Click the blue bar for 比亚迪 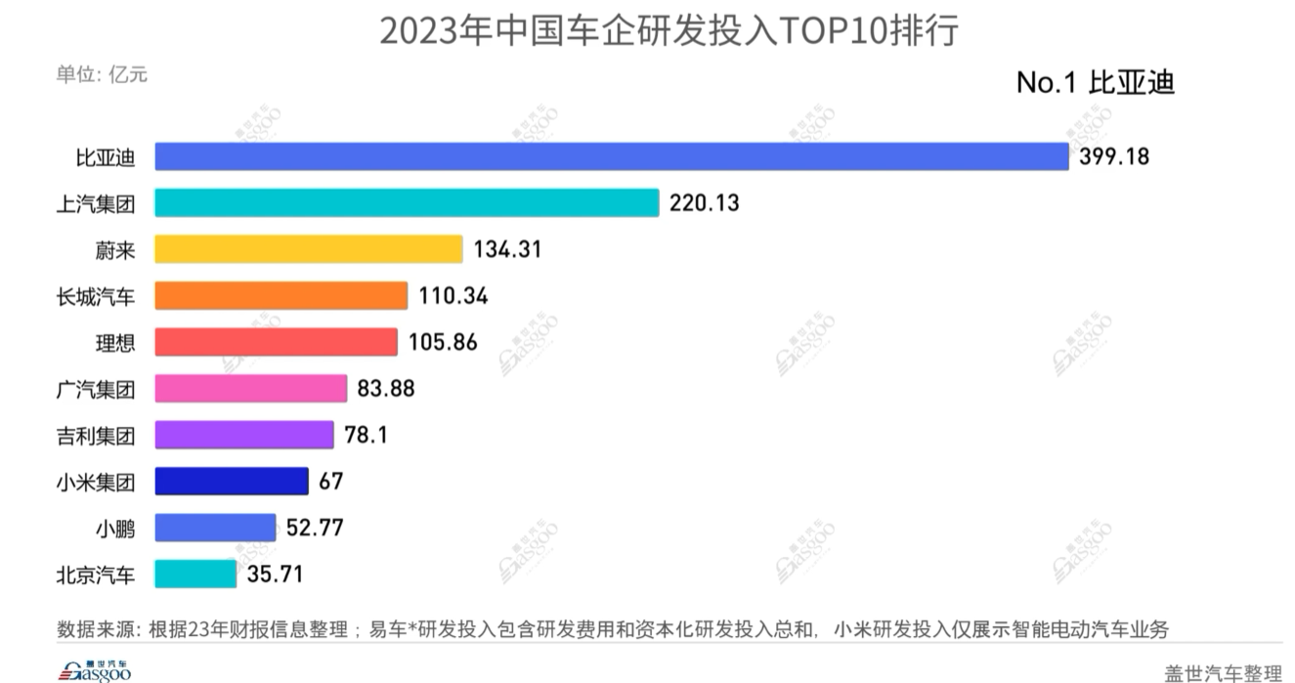click(612, 156)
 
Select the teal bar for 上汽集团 click(407, 203)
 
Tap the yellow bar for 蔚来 click(308, 249)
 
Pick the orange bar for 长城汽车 click(281, 296)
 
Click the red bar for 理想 click(277, 342)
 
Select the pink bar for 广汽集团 click(251, 389)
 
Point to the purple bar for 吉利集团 click(244, 435)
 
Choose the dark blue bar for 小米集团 click(232, 482)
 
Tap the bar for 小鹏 click(215, 528)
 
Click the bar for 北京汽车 click(195, 574)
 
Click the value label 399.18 click(1114, 156)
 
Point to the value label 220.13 click(705, 203)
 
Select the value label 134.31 click(507, 249)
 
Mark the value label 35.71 click(275, 574)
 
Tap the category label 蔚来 click(115, 250)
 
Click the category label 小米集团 click(96, 482)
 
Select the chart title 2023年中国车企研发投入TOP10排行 click(669, 31)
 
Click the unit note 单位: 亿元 click(102, 74)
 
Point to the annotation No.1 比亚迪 click(1095, 83)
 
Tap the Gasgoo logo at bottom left click(96, 669)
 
